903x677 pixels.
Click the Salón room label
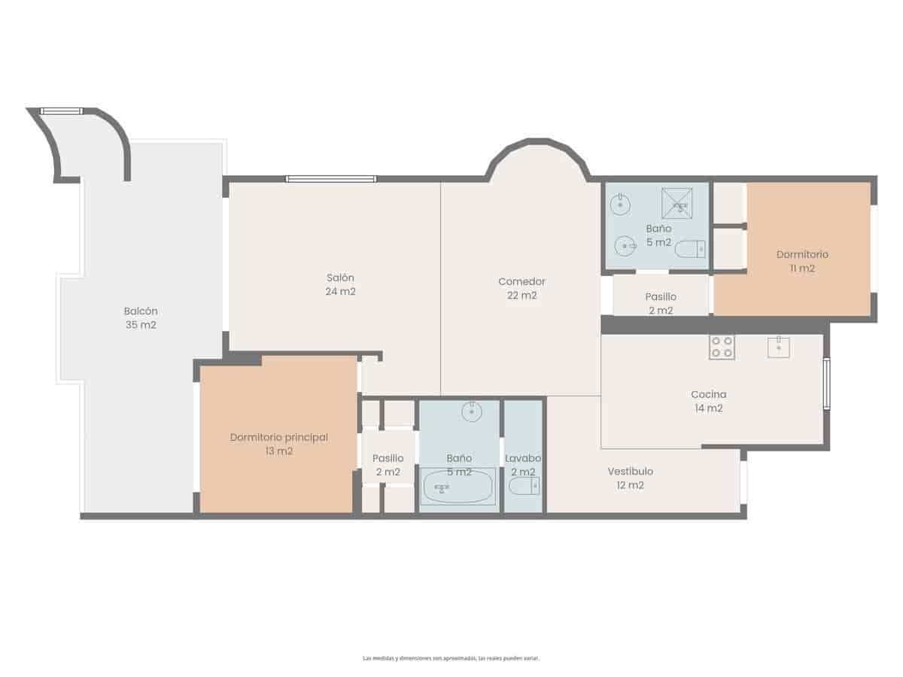[340, 278]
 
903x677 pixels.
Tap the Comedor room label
[521, 281]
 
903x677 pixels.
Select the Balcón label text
[141, 311]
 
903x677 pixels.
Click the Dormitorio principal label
[278, 437]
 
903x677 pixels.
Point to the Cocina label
[708, 394]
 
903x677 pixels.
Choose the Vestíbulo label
[630, 472]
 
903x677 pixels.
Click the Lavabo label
[523, 458]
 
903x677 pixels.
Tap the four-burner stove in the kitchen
[721, 347]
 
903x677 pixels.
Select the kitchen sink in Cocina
[778, 347]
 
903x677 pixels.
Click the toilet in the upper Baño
[690, 248]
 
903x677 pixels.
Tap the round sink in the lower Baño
[472, 411]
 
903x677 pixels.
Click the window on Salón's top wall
[331, 179]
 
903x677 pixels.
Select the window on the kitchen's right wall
[826, 384]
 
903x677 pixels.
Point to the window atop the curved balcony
[61, 111]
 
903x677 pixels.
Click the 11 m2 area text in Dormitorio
[802, 269]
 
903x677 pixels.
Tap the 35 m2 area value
[141, 325]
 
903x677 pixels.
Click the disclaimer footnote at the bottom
[451, 658]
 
